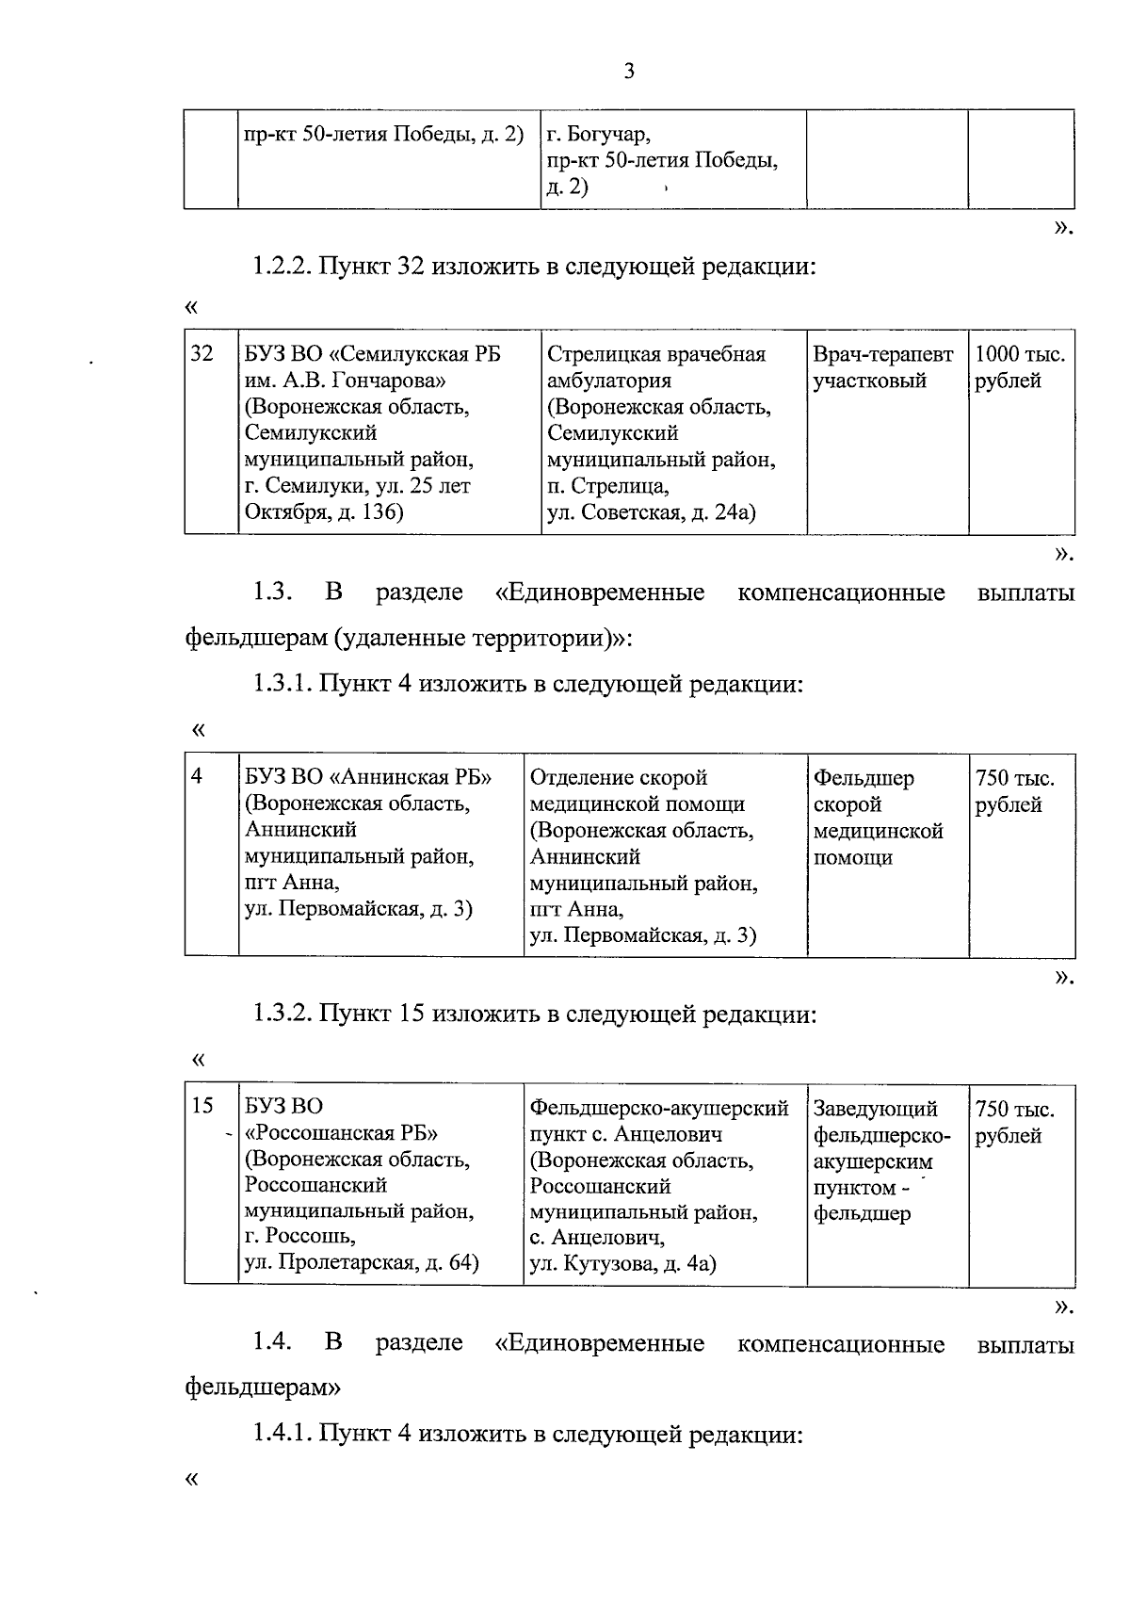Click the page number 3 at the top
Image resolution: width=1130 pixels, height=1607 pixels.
tap(628, 72)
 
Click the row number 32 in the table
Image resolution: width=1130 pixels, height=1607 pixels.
tap(202, 354)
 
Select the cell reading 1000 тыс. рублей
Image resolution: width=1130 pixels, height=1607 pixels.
tap(1020, 367)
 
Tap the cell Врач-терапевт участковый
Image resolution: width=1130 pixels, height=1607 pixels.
tap(883, 367)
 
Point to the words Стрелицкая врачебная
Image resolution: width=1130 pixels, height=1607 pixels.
tap(656, 354)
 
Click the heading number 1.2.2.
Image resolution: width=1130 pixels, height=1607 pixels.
tap(281, 267)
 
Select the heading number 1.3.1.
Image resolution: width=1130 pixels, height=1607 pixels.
tap(281, 684)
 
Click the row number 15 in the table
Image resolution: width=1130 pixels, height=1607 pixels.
tap(202, 1106)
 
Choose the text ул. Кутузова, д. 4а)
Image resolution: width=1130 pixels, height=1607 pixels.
tap(622, 1264)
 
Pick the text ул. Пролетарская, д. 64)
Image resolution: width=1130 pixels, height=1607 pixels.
tap(362, 1262)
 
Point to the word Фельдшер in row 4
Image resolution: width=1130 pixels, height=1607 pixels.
tap(864, 778)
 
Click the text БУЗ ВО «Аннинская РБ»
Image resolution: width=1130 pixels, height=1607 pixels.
tap(369, 778)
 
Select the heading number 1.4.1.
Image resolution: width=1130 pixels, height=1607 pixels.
tap(281, 1435)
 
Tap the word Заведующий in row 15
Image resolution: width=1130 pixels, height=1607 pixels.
tap(876, 1109)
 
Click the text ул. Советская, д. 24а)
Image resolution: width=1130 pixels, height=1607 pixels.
tap(652, 512)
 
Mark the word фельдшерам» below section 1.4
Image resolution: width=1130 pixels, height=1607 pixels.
tap(263, 1388)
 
